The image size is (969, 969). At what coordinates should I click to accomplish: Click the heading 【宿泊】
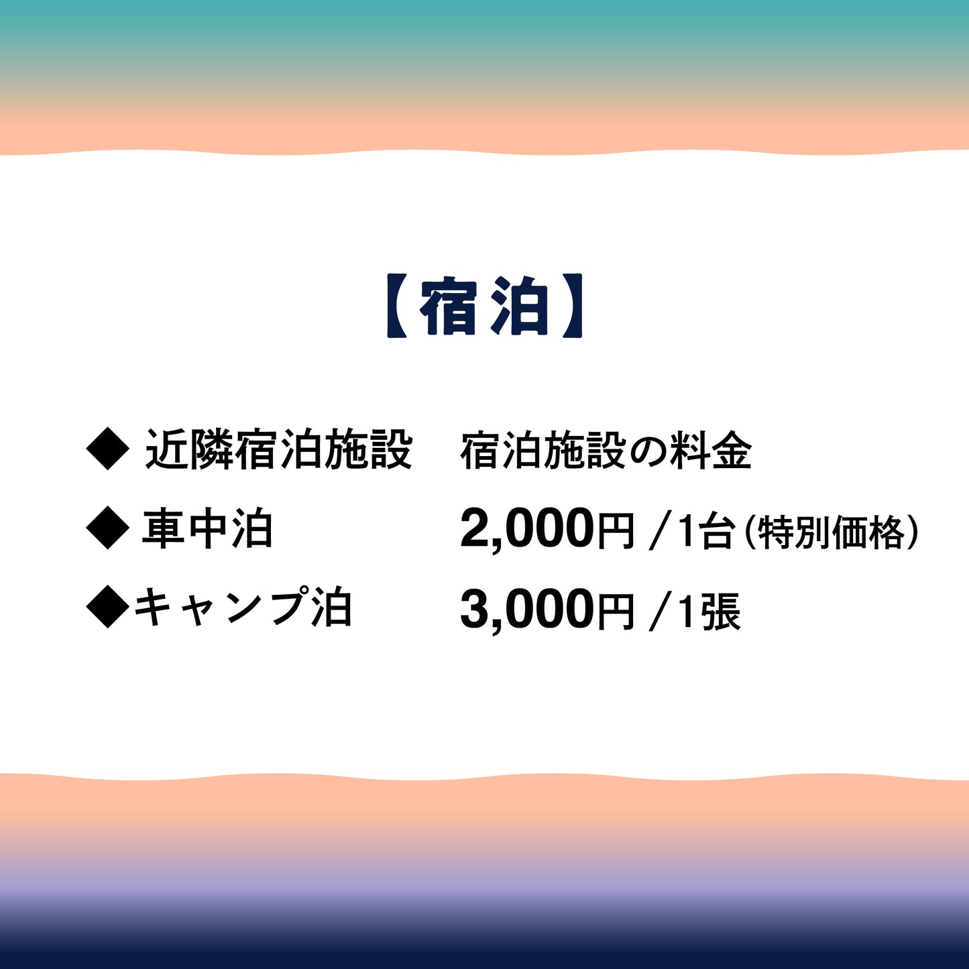point(484,306)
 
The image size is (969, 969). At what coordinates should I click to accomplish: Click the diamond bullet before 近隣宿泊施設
point(107,450)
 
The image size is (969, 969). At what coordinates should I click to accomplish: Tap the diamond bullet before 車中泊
point(107,529)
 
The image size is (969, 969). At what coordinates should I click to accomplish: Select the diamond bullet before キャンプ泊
point(107,608)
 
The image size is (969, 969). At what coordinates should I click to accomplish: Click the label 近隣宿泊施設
point(278,450)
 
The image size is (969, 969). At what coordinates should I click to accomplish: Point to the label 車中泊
point(207,529)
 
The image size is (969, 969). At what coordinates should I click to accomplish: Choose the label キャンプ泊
point(243,608)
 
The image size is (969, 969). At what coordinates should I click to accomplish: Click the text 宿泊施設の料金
point(606,451)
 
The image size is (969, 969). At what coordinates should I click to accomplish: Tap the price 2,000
point(527,530)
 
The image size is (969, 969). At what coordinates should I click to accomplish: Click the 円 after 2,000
point(616,531)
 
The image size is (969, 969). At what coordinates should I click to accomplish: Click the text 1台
point(705,531)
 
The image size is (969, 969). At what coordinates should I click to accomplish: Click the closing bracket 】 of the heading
point(572,306)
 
